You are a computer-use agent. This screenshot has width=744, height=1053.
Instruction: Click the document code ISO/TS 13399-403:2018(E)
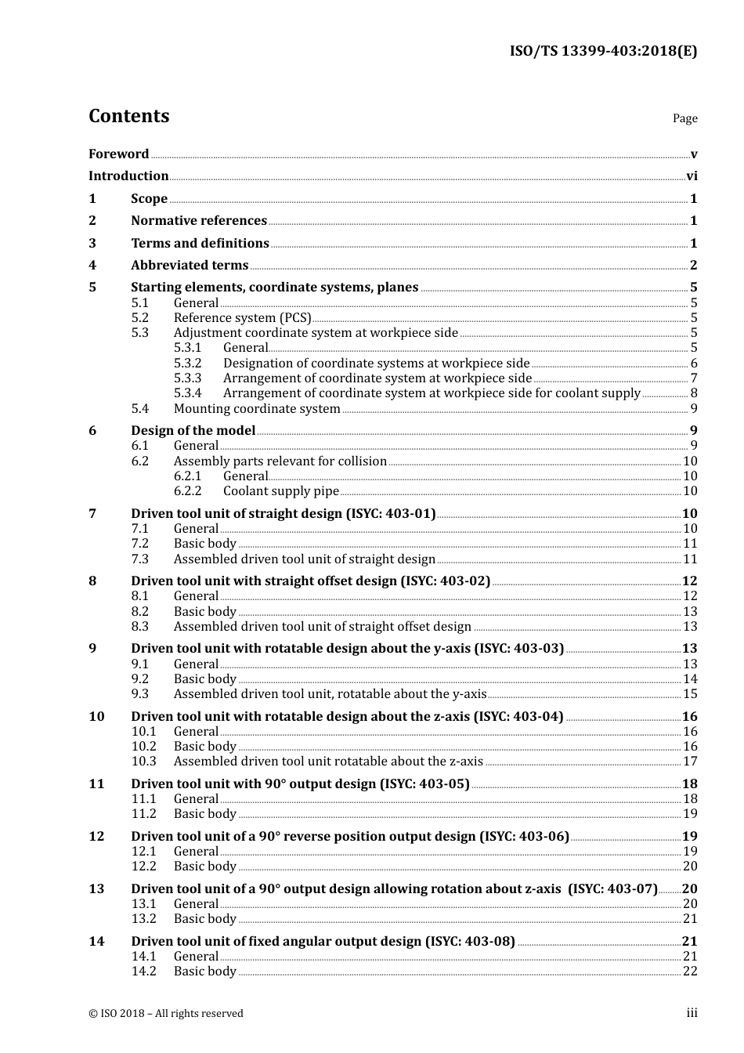[603, 52]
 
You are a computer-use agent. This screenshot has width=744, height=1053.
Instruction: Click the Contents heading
[128, 116]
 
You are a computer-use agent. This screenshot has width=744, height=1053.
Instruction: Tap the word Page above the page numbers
[684, 118]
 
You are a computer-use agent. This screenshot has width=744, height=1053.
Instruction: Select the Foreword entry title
[118, 154]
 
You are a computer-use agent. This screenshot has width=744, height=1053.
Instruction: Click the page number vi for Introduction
[692, 176]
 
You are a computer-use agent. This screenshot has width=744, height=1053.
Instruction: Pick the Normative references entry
[199, 221]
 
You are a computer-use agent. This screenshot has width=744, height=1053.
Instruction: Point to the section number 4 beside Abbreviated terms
[92, 266]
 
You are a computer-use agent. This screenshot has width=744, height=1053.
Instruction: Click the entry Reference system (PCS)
[242, 318]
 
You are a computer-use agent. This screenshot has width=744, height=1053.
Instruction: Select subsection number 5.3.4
[188, 393]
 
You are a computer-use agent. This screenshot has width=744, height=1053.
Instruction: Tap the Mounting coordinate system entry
[257, 408]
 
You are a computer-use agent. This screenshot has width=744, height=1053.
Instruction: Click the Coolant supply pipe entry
[281, 491]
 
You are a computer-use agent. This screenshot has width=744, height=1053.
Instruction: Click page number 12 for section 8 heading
[689, 581]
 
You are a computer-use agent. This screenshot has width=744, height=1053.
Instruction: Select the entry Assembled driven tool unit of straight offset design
[322, 627]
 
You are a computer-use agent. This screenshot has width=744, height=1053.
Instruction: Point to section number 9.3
[140, 694]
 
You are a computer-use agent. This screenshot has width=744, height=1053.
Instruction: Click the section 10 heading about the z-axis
[347, 717]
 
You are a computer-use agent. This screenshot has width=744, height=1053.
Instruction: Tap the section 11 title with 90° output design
[300, 784]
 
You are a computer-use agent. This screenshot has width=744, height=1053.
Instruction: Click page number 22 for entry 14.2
[689, 972]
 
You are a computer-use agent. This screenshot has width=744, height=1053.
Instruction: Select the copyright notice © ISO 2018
[165, 1014]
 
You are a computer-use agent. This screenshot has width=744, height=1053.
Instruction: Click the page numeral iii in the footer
[692, 1013]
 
